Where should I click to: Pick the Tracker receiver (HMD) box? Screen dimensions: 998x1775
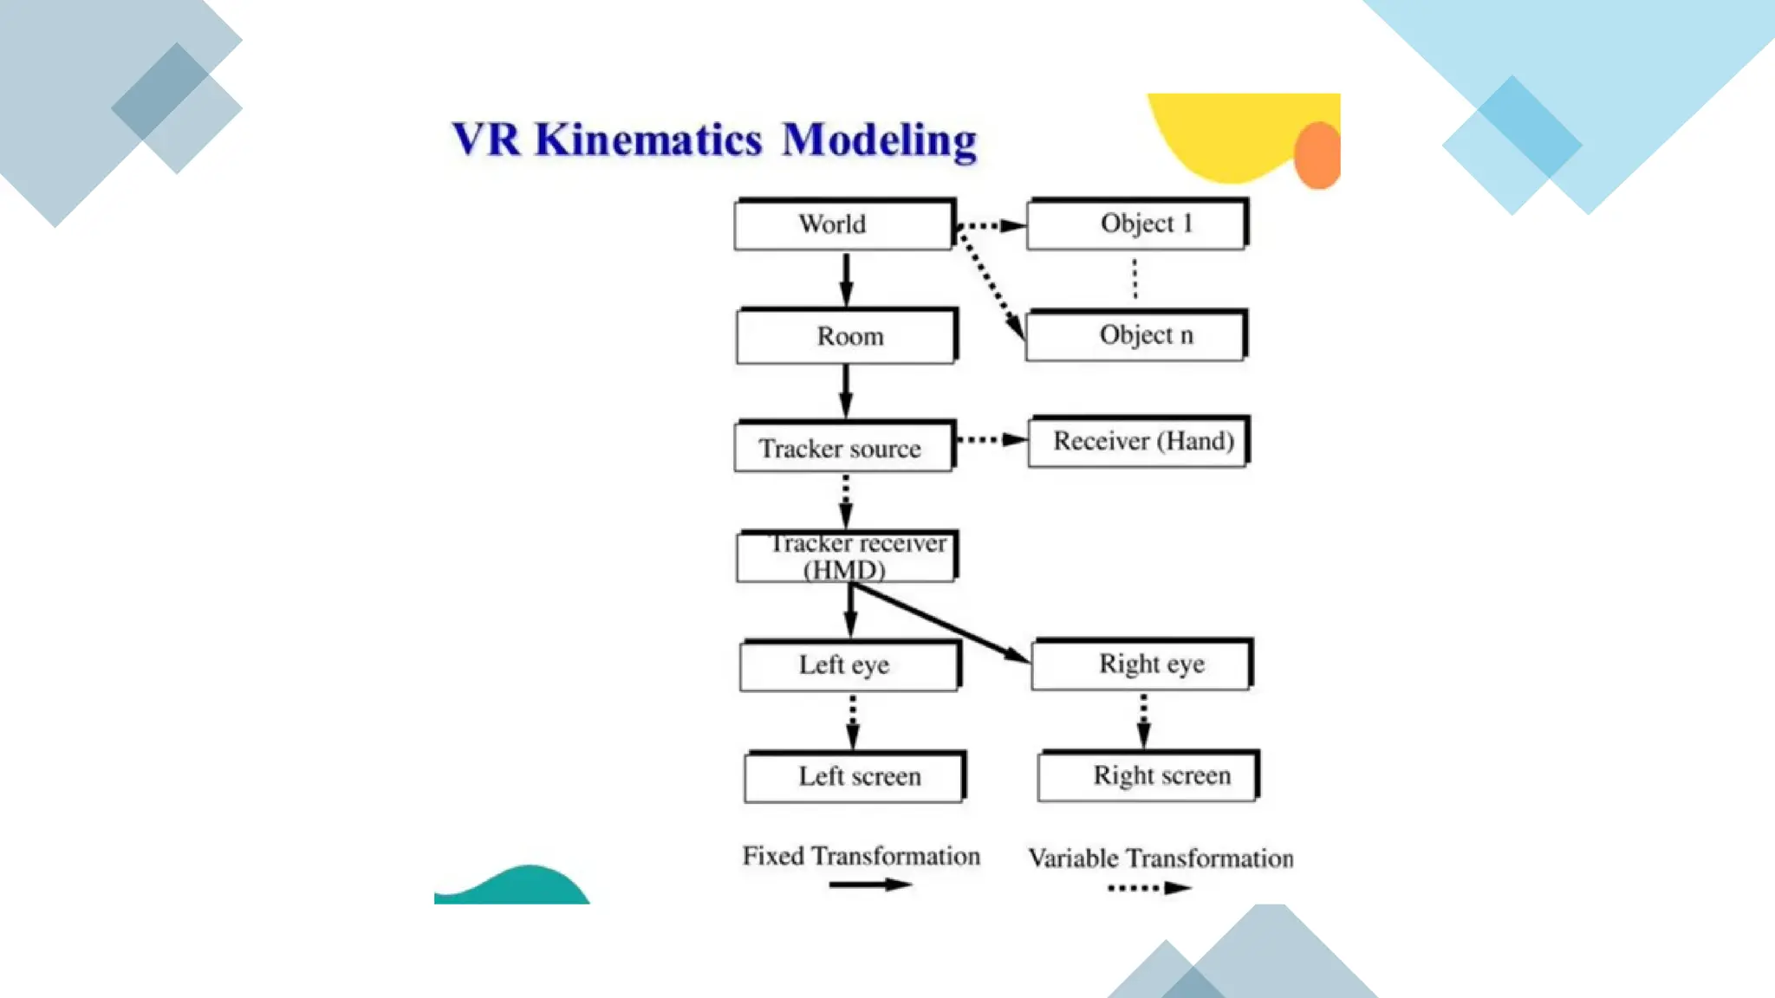847,556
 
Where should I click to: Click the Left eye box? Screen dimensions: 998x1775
849,665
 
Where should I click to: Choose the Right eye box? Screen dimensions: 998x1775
1141,664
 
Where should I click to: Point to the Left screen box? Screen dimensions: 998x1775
854,776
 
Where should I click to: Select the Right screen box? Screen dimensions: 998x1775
1148,775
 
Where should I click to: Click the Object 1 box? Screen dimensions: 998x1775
1136,224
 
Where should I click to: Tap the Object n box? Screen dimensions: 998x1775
1135,335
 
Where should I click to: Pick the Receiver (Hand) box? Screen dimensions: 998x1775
1138,442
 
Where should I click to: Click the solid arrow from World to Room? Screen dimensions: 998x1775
846,279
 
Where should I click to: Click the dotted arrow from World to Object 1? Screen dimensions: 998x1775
991,226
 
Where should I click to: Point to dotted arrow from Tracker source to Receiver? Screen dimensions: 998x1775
991,440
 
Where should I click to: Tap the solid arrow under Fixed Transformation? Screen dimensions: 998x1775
869,885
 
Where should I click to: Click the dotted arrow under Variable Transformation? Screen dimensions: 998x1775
1149,888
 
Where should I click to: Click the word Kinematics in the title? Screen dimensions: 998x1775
648,139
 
